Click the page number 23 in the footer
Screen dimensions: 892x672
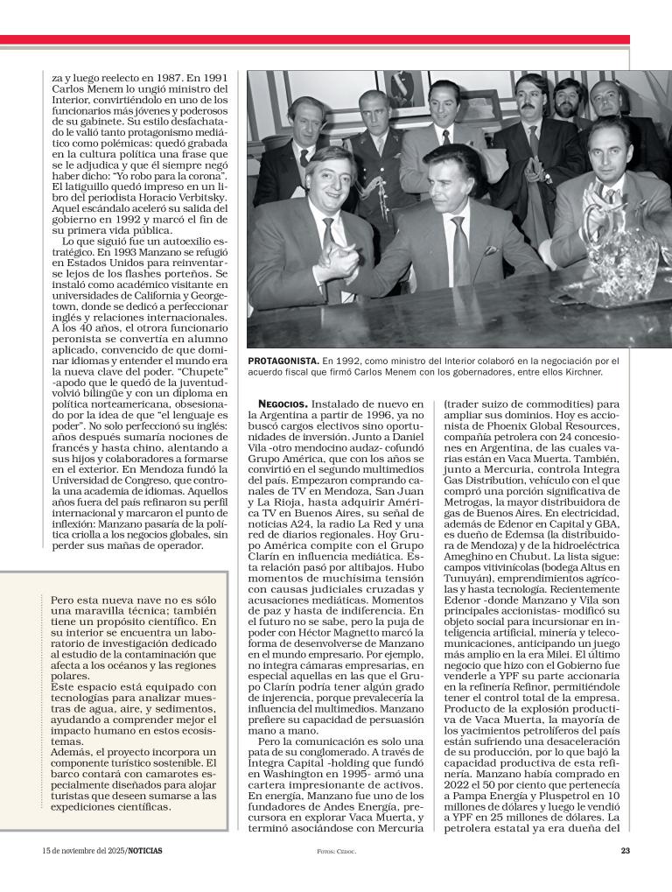pyautogui.click(x=625, y=851)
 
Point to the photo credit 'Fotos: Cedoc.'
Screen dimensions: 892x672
pyautogui.click(x=336, y=851)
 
